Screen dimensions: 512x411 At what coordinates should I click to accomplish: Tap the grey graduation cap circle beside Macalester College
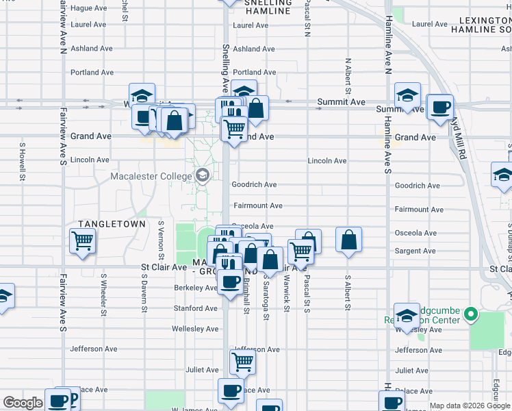pyautogui.click(x=202, y=176)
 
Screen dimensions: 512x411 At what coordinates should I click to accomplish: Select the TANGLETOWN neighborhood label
pyautogui.click(x=112, y=224)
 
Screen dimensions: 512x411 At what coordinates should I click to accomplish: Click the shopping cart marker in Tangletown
pyautogui.click(x=82, y=241)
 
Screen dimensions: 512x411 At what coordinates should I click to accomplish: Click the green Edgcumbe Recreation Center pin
pyautogui.click(x=471, y=315)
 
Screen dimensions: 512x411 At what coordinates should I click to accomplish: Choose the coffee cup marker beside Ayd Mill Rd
pyautogui.click(x=440, y=107)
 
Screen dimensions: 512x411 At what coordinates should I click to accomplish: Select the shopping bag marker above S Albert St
pyautogui.click(x=348, y=240)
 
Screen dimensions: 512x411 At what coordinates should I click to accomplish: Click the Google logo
pyautogui.click(x=23, y=403)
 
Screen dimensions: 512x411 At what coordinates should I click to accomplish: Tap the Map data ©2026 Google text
pyautogui.click(x=469, y=406)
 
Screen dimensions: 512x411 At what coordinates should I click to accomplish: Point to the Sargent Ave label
pyautogui.click(x=415, y=251)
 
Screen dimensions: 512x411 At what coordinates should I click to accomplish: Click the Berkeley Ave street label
pyautogui.click(x=196, y=288)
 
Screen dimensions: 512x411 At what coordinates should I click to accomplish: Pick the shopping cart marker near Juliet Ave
pyautogui.click(x=242, y=361)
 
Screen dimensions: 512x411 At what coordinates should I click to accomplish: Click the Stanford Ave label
pyautogui.click(x=196, y=309)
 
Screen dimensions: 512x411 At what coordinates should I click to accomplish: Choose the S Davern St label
pyautogui.click(x=144, y=295)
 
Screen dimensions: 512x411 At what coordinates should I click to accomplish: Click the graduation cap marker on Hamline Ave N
pyautogui.click(x=407, y=96)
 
